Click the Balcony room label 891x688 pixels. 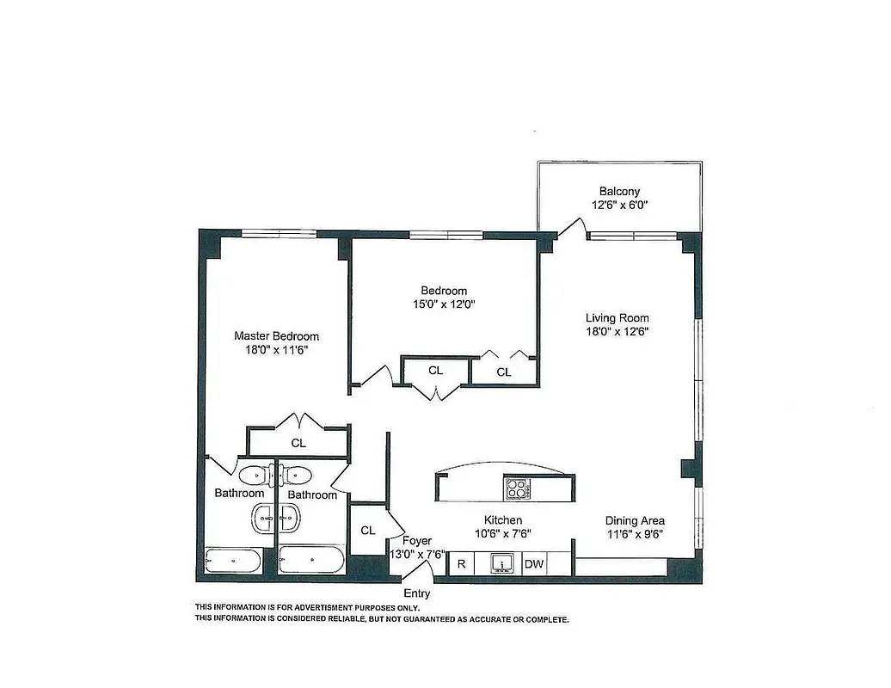[x=619, y=192]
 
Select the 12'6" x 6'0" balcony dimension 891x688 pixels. [x=619, y=206]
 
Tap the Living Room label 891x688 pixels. [x=618, y=318]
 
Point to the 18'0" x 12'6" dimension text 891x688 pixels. [x=618, y=332]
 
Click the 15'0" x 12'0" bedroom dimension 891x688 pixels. [x=443, y=304]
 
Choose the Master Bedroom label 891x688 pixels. [x=276, y=336]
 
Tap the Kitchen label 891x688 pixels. [x=503, y=520]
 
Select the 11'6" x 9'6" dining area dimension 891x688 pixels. [x=635, y=534]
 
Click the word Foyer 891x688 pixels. [x=417, y=541]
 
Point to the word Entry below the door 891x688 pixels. [x=417, y=594]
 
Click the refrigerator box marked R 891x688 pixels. [x=461, y=564]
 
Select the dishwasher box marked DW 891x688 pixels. [x=534, y=564]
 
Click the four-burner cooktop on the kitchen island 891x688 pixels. [x=516, y=488]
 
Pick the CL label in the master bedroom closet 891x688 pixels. [x=298, y=444]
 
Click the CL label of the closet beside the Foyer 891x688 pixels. [x=368, y=531]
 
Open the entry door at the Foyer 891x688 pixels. [x=421, y=569]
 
